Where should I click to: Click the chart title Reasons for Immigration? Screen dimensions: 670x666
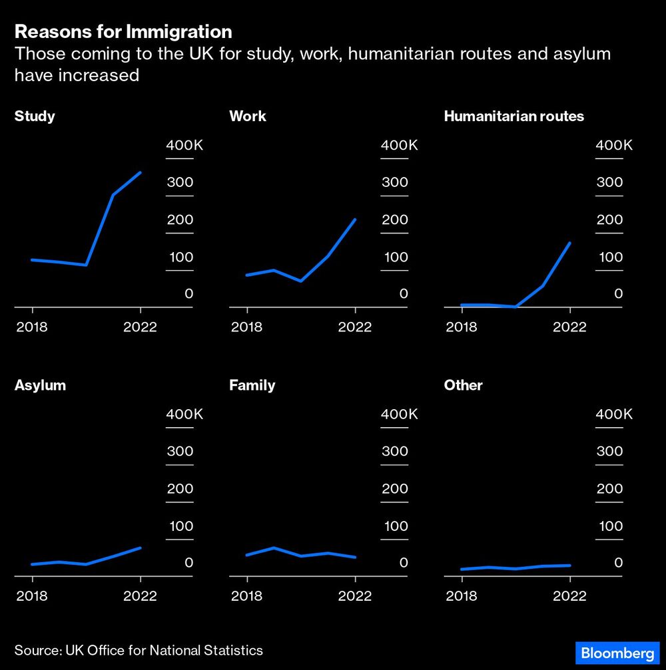tap(123, 31)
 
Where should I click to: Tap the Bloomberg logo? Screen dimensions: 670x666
tap(617, 653)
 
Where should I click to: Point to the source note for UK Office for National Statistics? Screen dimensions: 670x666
tap(139, 650)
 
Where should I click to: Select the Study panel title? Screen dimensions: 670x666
tap(35, 116)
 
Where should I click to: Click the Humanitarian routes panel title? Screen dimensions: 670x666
tap(513, 116)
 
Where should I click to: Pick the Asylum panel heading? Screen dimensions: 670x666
tap(40, 385)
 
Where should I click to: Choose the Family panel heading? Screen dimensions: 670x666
tap(252, 385)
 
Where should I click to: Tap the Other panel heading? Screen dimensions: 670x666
tap(463, 385)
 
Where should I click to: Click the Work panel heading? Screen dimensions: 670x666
tap(247, 116)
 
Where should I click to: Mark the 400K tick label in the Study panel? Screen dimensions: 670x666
tap(184, 145)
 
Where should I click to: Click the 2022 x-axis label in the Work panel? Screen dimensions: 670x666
tap(355, 327)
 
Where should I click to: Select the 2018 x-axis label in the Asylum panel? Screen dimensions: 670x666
tap(32, 595)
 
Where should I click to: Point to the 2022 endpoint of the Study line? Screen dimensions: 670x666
tap(141, 172)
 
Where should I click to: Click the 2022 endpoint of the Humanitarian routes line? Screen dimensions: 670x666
tap(570, 243)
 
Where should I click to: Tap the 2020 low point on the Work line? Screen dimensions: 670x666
tap(301, 281)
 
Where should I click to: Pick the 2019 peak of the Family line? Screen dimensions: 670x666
tap(274, 548)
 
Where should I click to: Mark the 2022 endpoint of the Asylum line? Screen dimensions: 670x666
tap(141, 548)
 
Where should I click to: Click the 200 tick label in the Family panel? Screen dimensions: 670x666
tap(394, 488)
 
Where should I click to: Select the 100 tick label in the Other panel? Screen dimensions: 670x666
tap(609, 526)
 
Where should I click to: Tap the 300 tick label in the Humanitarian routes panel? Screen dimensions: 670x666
tap(609, 182)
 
